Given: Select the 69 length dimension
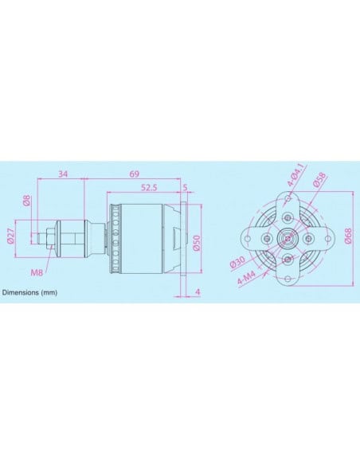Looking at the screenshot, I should click(x=135, y=174).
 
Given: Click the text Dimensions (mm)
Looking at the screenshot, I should click(x=29, y=293).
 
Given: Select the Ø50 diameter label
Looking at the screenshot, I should click(x=197, y=244).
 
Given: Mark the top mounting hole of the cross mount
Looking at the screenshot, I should click(x=287, y=212).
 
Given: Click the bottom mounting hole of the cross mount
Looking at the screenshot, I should click(x=287, y=260).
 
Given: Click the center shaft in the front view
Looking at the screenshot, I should click(x=287, y=236).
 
